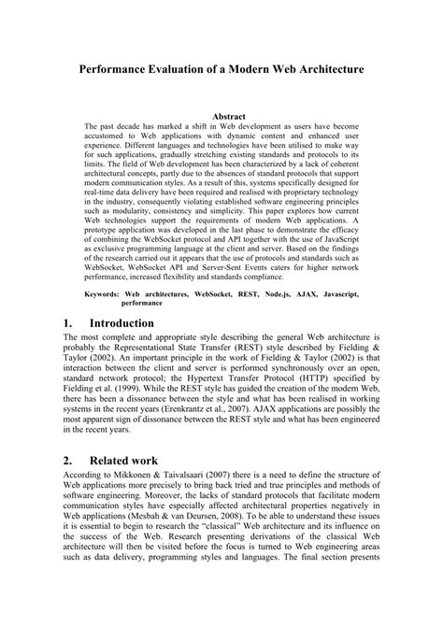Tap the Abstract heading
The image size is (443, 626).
point(221,118)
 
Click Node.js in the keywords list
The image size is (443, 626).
point(275,293)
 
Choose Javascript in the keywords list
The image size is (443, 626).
point(336,293)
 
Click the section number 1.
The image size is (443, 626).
point(68,322)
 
